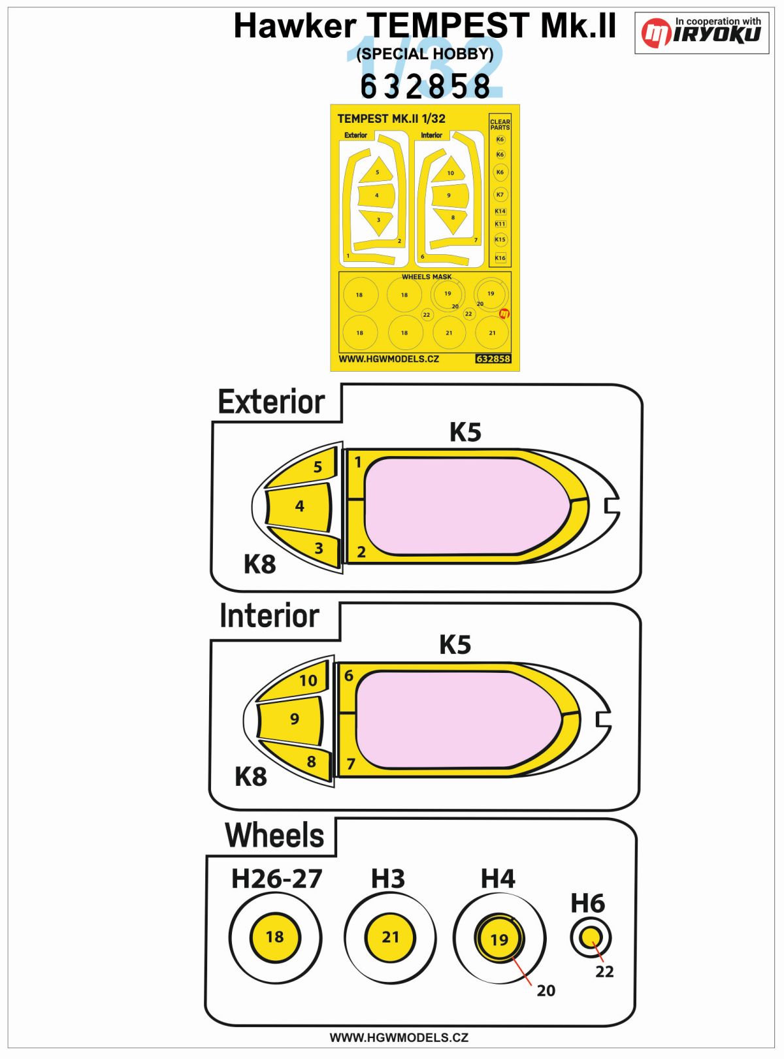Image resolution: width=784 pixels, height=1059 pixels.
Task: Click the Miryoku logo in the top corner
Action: [702, 33]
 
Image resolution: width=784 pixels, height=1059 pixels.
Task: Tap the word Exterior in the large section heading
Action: [271, 402]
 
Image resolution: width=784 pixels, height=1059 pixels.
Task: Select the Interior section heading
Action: [269, 616]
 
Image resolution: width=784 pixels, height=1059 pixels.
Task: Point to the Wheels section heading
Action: [274, 836]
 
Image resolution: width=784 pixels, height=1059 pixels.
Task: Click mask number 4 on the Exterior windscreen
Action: [299, 506]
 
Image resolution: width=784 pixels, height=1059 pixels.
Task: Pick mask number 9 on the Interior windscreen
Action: [294, 719]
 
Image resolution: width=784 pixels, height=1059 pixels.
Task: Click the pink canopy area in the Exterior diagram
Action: [467, 506]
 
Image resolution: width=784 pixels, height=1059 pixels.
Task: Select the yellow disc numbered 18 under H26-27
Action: [275, 937]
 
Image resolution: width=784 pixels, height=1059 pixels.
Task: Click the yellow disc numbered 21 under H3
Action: [390, 937]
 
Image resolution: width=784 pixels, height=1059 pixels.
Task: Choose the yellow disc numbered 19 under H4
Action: [499, 939]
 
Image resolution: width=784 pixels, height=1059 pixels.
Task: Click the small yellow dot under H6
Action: [591, 937]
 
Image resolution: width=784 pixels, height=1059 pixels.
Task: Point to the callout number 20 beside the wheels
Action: [546, 991]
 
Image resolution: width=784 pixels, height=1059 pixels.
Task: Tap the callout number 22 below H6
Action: [604, 972]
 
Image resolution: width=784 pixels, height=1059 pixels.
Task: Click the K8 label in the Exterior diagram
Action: [259, 564]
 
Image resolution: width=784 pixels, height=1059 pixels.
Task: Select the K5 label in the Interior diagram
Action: [455, 645]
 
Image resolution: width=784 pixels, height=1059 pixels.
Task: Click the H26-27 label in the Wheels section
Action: [276, 879]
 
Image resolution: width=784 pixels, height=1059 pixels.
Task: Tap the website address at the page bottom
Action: [399, 1037]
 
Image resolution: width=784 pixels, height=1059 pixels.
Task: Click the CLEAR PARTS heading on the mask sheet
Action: [500, 124]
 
